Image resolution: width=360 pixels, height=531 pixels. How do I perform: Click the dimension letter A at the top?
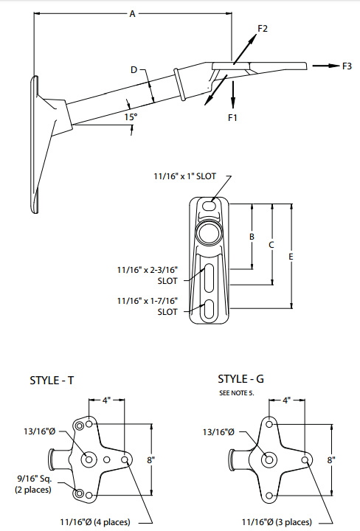tap(132, 13)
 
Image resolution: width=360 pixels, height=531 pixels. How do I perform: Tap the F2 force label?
tap(263, 29)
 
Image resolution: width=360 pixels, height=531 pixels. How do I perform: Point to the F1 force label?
tap(233, 117)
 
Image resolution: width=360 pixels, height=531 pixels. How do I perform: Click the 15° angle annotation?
tap(131, 117)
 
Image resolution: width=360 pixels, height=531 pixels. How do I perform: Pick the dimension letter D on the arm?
tap(134, 70)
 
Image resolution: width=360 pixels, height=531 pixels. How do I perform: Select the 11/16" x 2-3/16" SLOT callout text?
tap(148, 275)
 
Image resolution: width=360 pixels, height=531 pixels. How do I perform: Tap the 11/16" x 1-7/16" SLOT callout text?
tap(148, 306)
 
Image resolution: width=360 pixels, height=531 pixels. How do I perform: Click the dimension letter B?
tap(252, 237)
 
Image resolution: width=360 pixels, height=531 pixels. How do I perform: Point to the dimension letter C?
tap(271, 243)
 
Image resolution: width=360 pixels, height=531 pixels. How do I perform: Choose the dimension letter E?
tap(291, 256)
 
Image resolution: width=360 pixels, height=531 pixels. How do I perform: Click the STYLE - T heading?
tap(52, 381)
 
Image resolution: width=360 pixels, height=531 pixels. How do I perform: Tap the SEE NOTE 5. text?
tap(236, 393)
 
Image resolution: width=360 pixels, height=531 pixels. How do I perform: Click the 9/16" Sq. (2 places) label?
tap(33, 484)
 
